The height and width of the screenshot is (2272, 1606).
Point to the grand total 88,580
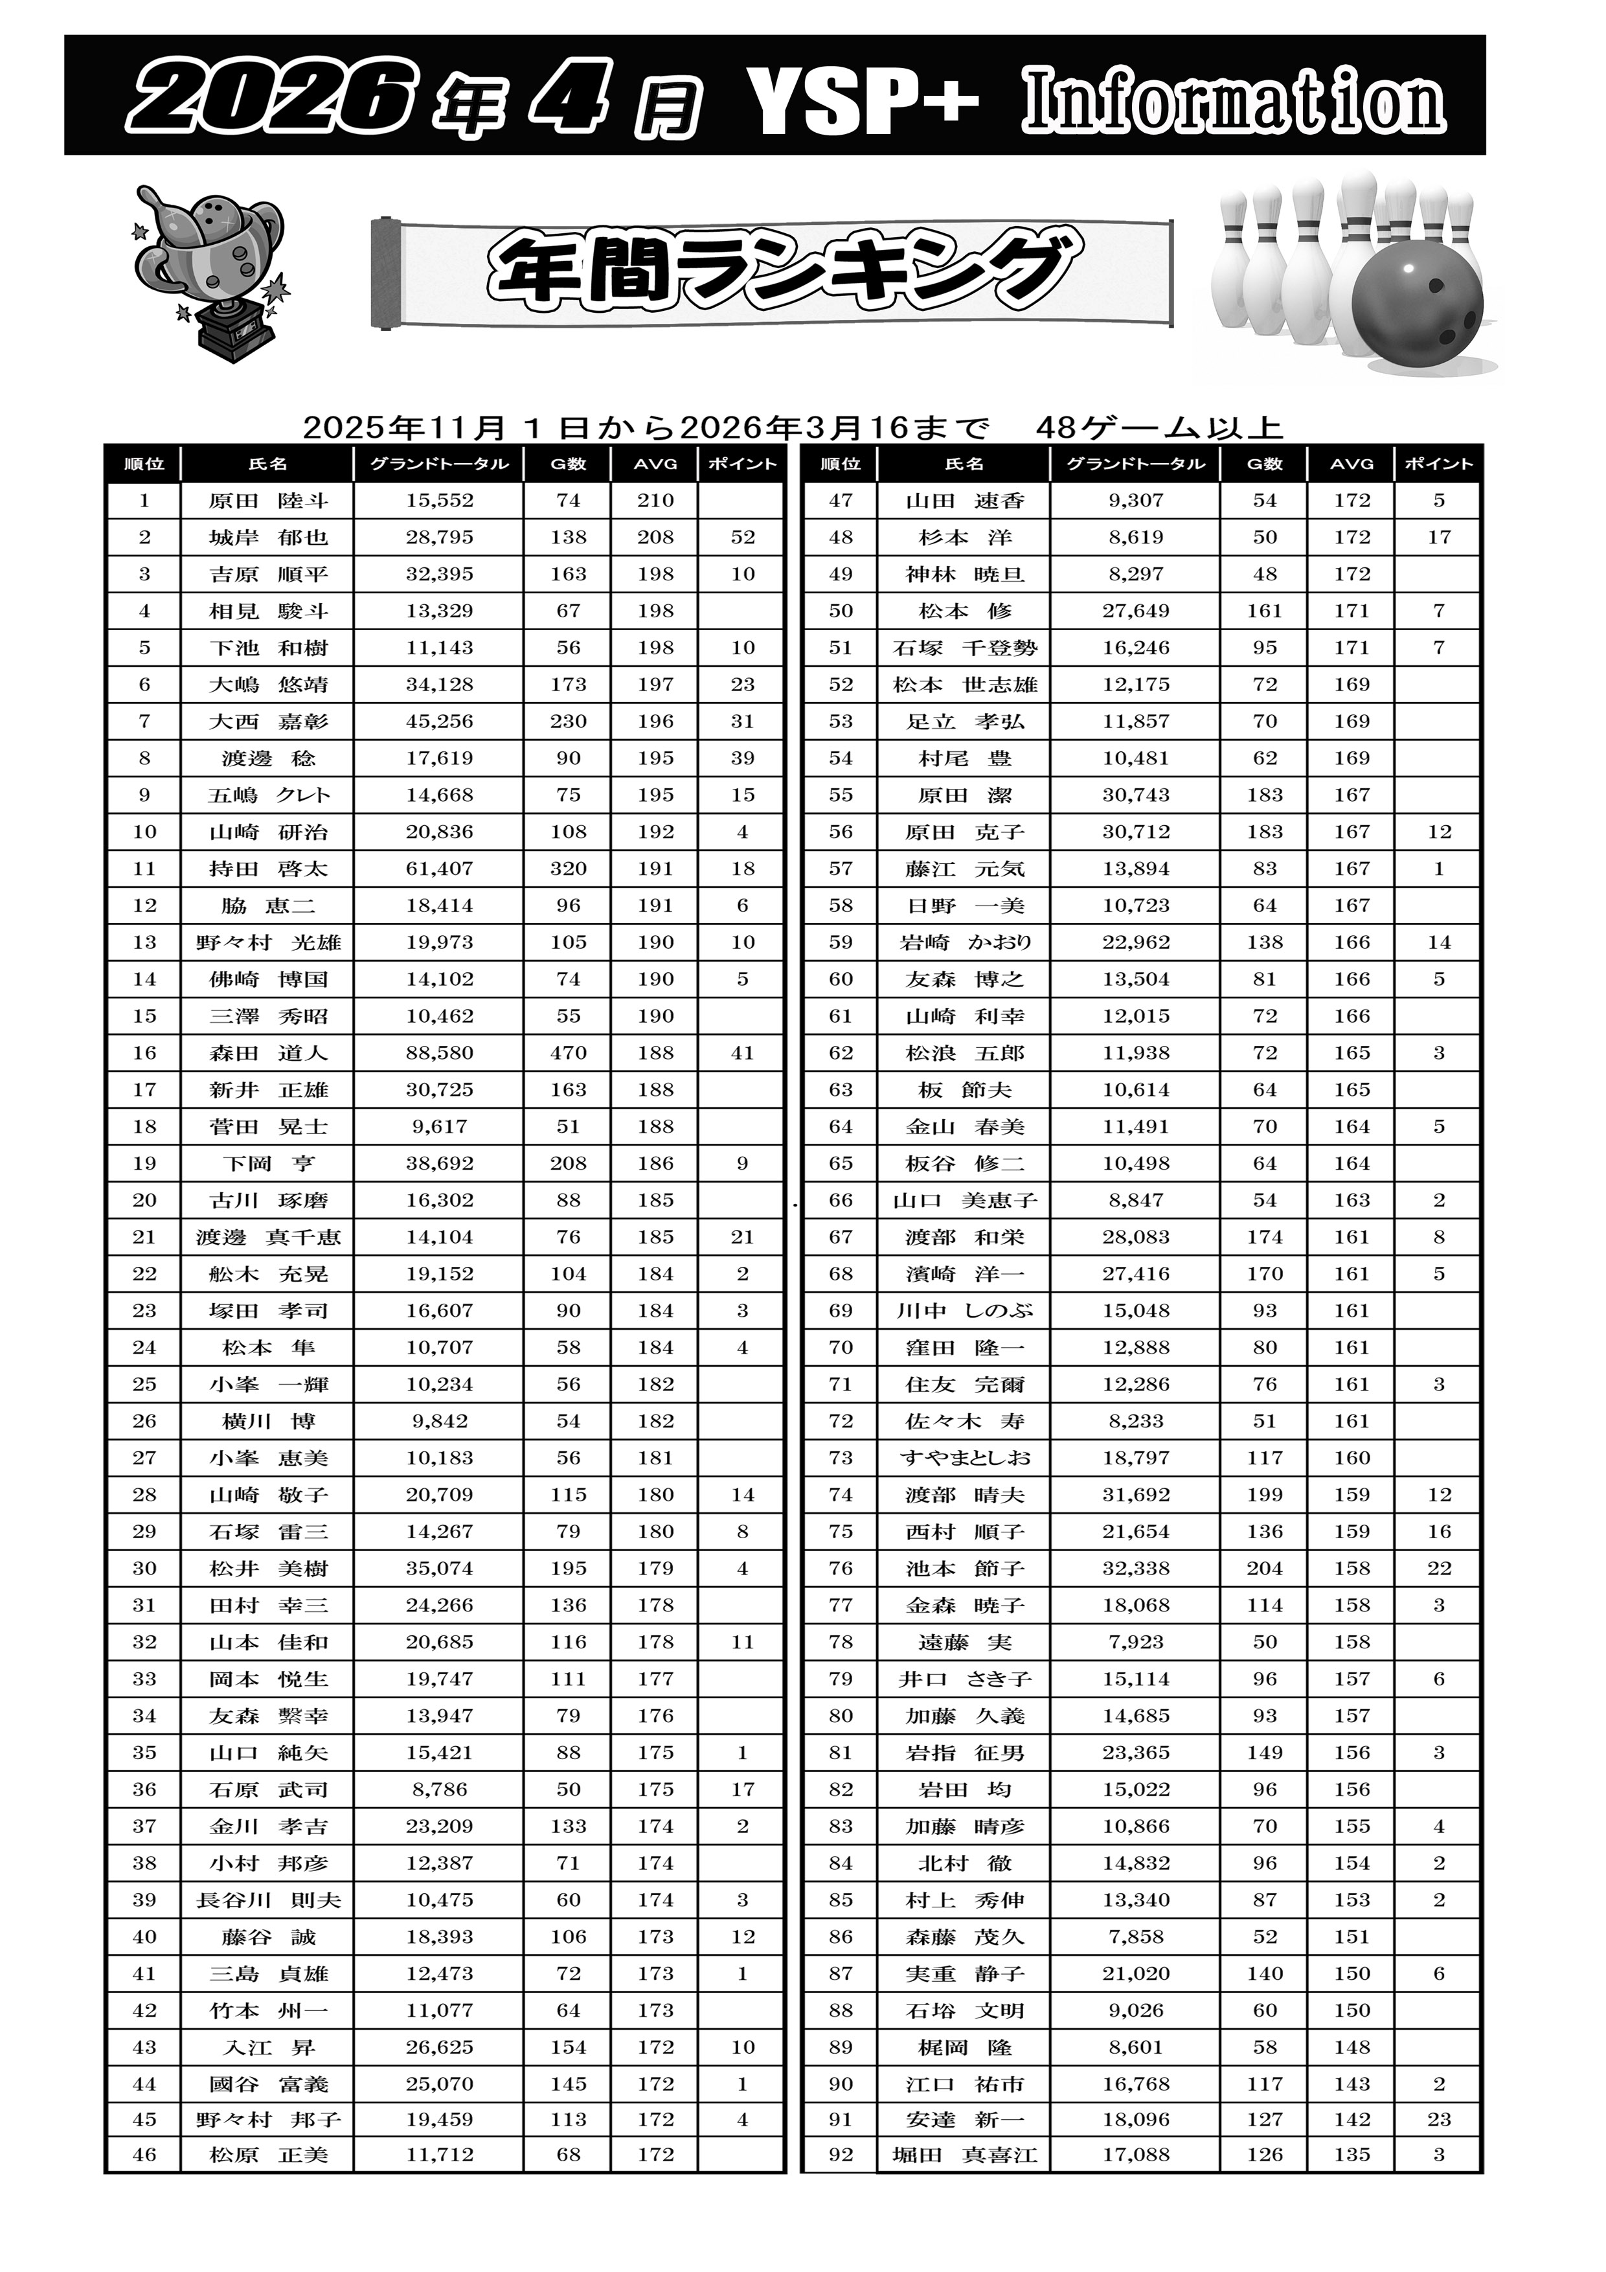(x=439, y=1053)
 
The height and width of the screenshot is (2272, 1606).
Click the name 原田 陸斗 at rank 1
(x=268, y=501)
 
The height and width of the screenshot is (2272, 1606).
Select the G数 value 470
(x=568, y=1053)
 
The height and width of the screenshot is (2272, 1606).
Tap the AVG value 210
(x=655, y=501)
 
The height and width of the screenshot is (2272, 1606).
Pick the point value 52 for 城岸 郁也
(x=742, y=538)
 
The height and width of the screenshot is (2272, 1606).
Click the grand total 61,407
(x=439, y=869)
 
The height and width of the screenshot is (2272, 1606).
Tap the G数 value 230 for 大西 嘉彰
(x=568, y=721)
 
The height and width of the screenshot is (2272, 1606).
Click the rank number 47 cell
(x=840, y=501)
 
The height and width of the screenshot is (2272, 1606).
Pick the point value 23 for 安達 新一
(x=1439, y=2120)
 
